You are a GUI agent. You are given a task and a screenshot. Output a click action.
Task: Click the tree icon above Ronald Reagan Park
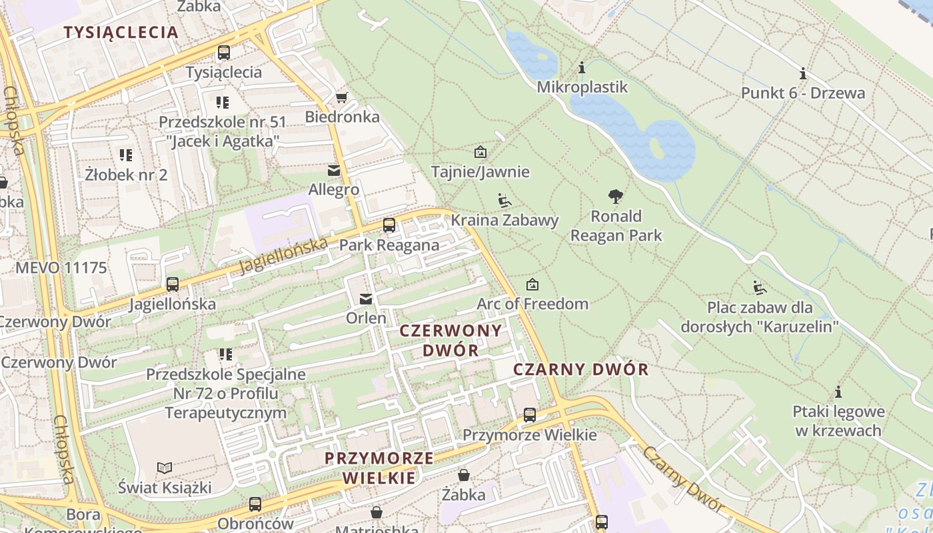pos(616,197)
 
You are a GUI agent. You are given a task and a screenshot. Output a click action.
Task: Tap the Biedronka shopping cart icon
pos(341,98)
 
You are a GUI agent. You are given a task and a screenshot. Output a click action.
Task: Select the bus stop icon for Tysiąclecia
pos(224,53)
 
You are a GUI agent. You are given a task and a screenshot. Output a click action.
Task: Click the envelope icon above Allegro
pos(334,171)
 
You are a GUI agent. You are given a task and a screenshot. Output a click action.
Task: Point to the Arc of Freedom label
pos(532,304)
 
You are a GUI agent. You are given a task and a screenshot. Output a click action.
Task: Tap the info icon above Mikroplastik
pos(582,68)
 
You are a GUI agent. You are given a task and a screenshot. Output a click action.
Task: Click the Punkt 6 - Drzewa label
pos(803,93)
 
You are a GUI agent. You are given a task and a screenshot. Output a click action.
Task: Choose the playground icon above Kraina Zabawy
pos(504,201)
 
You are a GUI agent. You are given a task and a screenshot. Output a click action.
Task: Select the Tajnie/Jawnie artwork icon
pos(480,153)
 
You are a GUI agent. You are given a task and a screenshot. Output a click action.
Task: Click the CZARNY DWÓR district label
pos(580,369)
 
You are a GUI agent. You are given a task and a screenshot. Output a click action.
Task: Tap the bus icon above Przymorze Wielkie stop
pos(530,415)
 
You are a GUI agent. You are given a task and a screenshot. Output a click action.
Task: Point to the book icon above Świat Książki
pos(165,468)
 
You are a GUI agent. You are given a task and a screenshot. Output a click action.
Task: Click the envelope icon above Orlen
pos(366,299)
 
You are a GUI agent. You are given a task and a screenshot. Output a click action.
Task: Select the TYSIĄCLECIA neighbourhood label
pos(121,32)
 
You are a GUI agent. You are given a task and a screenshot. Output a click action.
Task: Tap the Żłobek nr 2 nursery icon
pos(126,156)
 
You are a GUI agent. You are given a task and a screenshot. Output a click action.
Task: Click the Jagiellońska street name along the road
pos(284,256)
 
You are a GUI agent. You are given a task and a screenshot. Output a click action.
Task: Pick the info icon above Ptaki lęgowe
pos(838,392)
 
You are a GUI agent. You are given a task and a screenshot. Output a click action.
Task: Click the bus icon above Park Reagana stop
pos(389,226)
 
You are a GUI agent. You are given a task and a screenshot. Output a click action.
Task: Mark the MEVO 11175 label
pos(61,268)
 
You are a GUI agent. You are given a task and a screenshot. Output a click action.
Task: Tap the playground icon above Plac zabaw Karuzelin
pos(759,288)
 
